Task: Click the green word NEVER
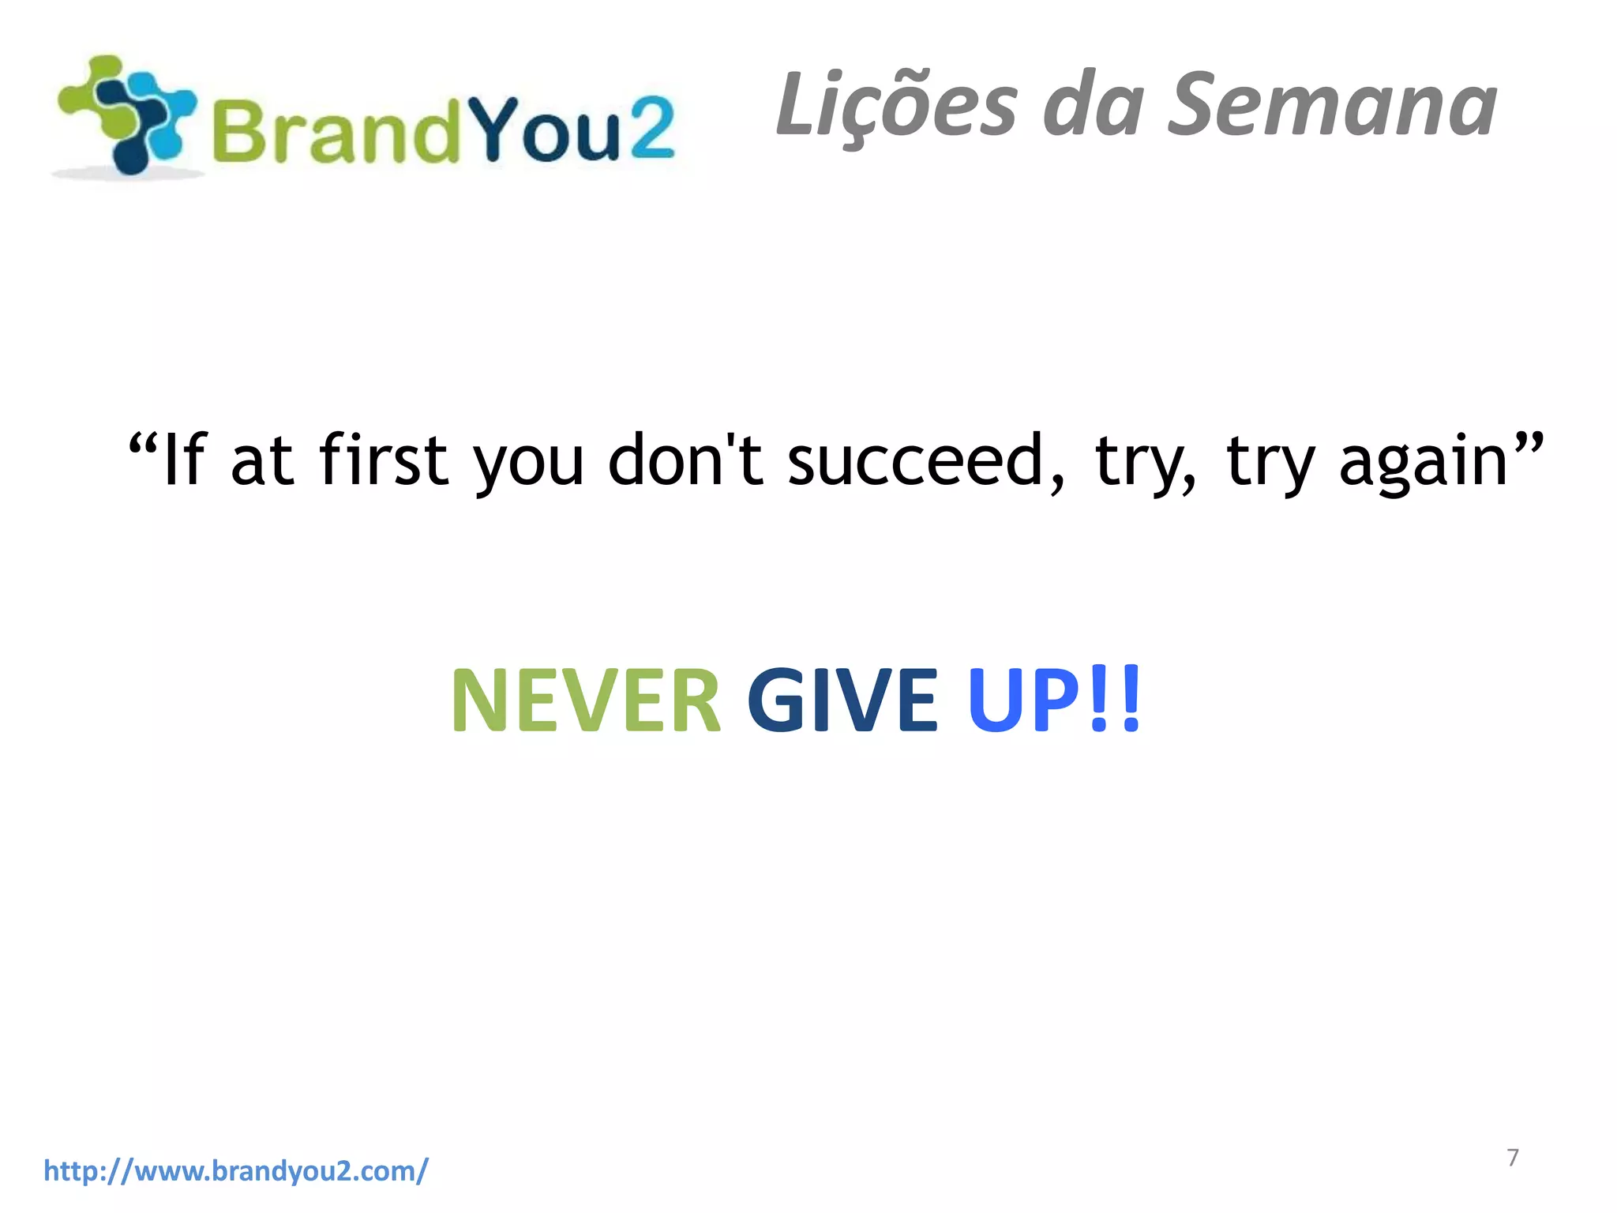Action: click(x=585, y=700)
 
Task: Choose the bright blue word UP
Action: click(x=1023, y=700)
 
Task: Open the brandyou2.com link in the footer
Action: click(x=236, y=1170)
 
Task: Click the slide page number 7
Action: click(x=1513, y=1158)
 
